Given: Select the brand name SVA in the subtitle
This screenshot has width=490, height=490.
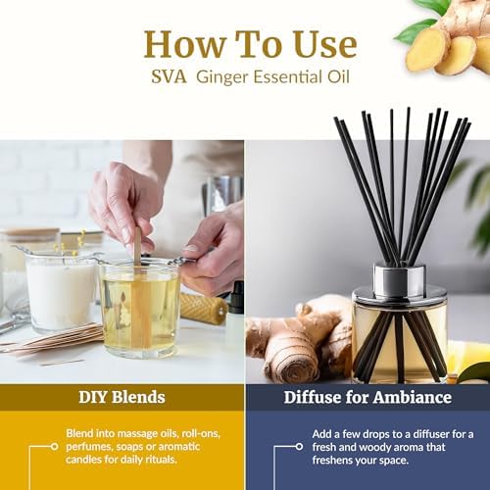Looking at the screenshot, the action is pyautogui.click(x=169, y=77).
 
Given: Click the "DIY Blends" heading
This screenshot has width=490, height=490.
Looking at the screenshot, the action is pyautogui.click(x=122, y=397).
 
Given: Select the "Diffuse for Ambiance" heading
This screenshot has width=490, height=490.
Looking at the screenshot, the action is pyautogui.click(x=367, y=397).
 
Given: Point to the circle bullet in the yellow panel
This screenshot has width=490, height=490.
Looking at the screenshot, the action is pyautogui.click(x=55, y=446).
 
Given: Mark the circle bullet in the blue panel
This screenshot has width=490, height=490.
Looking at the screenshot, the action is pyautogui.click(x=299, y=447).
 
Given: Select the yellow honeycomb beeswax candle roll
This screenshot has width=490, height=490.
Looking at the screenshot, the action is pyautogui.click(x=203, y=308).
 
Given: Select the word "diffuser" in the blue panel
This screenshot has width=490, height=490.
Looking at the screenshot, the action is pyautogui.click(x=431, y=434).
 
